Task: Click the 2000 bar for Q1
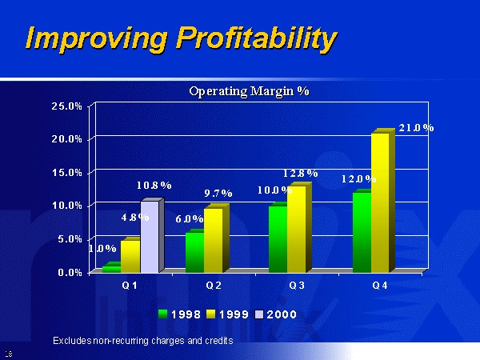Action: point(150,238)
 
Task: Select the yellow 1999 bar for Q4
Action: point(380,203)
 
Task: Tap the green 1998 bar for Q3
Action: point(278,239)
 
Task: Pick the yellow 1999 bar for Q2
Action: point(213,240)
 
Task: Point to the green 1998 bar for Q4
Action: point(361,232)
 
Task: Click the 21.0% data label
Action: point(416,128)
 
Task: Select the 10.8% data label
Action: point(154,185)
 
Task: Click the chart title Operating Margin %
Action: point(249,91)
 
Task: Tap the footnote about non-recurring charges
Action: point(142,341)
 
